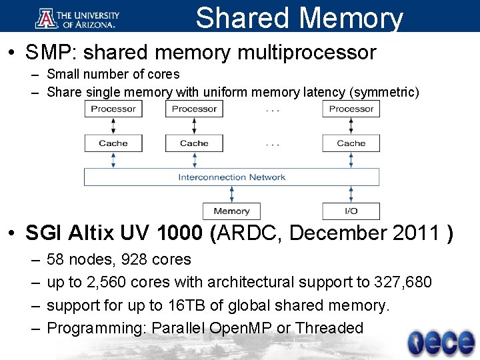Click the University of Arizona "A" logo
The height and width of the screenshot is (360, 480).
(x=46, y=17)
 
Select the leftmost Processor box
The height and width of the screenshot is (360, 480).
(x=113, y=109)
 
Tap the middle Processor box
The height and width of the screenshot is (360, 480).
(x=195, y=109)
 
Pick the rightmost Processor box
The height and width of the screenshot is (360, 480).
(x=351, y=109)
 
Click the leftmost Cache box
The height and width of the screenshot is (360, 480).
(x=113, y=143)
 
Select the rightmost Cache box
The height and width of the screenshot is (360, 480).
(x=351, y=143)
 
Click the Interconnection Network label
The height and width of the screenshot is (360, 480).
(x=231, y=177)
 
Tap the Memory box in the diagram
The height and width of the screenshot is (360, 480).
(x=231, y=211)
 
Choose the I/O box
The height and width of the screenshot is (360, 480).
(x=351, y=211)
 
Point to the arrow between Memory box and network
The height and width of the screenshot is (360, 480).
(x=231, y=194)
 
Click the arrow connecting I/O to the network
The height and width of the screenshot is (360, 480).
(x=351, y=194)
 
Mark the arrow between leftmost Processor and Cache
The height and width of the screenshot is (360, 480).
(x=113, y=126)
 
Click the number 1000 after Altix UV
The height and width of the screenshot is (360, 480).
(x=177, y=233)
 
